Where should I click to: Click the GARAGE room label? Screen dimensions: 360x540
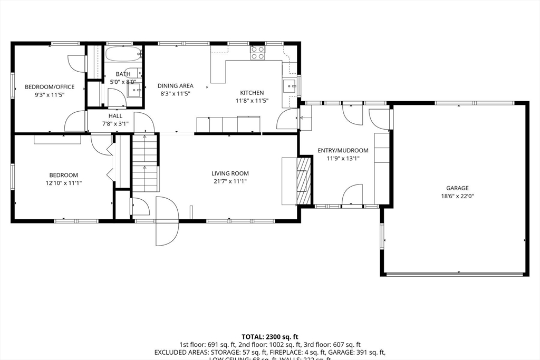click(457, 188)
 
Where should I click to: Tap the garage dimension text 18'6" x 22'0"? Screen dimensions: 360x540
click(457, 196)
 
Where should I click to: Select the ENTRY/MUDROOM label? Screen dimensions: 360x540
click(342, 150)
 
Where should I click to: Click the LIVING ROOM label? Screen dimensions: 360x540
click(230, 173)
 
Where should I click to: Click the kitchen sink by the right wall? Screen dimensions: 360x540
click(288, 86)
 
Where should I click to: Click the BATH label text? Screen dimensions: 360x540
click(123, 74)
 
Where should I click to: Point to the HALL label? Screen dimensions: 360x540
click(115, 116)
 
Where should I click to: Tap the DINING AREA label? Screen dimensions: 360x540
click(176, 86)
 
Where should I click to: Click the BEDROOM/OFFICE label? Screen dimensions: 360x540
click(50, 87)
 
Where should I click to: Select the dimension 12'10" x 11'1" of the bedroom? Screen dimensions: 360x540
click(64, 183)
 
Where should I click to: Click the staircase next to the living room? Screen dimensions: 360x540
click(144, 163)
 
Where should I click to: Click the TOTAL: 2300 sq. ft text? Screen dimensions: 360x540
click(270, 336)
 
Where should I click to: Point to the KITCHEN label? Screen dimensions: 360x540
click(252, 93)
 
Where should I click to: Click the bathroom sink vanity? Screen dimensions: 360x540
click(134, 91)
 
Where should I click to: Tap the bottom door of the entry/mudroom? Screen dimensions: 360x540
click(352, 195)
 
